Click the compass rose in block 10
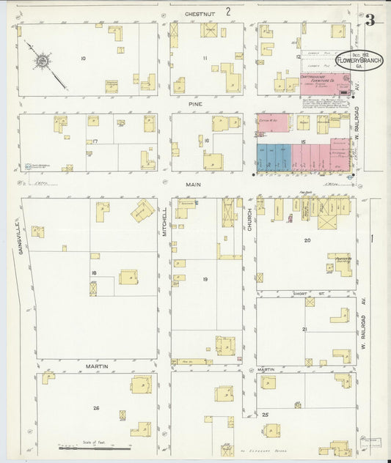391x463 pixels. pyautogui.click(x=43, y=59)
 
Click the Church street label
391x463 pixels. pyautogui.click(x=249, y=217)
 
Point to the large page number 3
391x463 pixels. pyautogui.click(x=370, y=20)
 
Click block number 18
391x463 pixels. pyautogui.click(x=93, y=273)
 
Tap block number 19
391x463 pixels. pyautogui.click(x=205, y=279)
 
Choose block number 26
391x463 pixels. pyautogui.click(x=95, y=407)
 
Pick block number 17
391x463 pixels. pyautogui.click(x=93, y=141)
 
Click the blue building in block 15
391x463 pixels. pyautogui.click(x=273, y=157)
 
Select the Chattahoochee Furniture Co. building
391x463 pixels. pyautogui.click(x=323, y=82)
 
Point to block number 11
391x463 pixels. pyautogui.click(x=205, y=59)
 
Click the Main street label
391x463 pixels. pyautogui.click(x=193, y=185)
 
